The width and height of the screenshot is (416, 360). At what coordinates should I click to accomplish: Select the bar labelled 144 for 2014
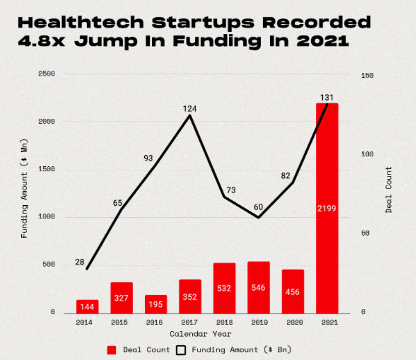(88, 306)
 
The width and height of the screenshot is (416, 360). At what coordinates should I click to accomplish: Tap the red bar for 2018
(224, 288)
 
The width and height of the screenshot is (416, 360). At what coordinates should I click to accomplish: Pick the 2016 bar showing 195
(156, 304)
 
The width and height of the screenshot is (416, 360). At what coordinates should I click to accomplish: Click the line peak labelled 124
(190, 115)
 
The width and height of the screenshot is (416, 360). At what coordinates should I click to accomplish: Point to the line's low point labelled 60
(258, 218)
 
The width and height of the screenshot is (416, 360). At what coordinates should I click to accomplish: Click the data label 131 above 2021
(326, 97)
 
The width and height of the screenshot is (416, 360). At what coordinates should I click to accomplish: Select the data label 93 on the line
(148, 158)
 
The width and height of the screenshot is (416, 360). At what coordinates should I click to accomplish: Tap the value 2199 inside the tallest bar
(326, 208)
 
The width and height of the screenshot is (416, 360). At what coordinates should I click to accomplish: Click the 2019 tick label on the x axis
(258, 322)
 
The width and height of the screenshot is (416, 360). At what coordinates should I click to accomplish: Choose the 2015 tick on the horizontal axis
(121, 322)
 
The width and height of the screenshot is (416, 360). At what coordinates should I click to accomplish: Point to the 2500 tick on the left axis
(46, 74)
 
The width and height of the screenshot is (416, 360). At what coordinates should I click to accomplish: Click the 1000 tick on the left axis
(46, 217)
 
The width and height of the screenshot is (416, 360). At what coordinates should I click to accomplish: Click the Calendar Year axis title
(200, 334)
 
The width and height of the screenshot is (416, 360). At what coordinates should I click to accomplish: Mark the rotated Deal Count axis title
(389, 190)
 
